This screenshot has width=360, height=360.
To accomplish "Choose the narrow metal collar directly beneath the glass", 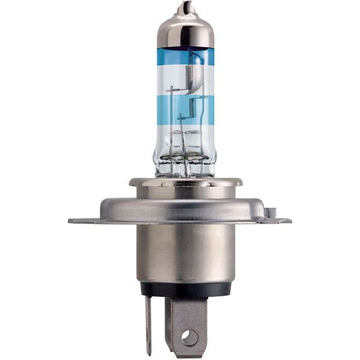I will click(x=185, y=182).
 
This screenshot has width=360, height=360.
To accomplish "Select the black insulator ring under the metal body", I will click(x=185, y=290).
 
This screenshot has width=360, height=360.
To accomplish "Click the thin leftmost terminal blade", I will click(x=148, y=324).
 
